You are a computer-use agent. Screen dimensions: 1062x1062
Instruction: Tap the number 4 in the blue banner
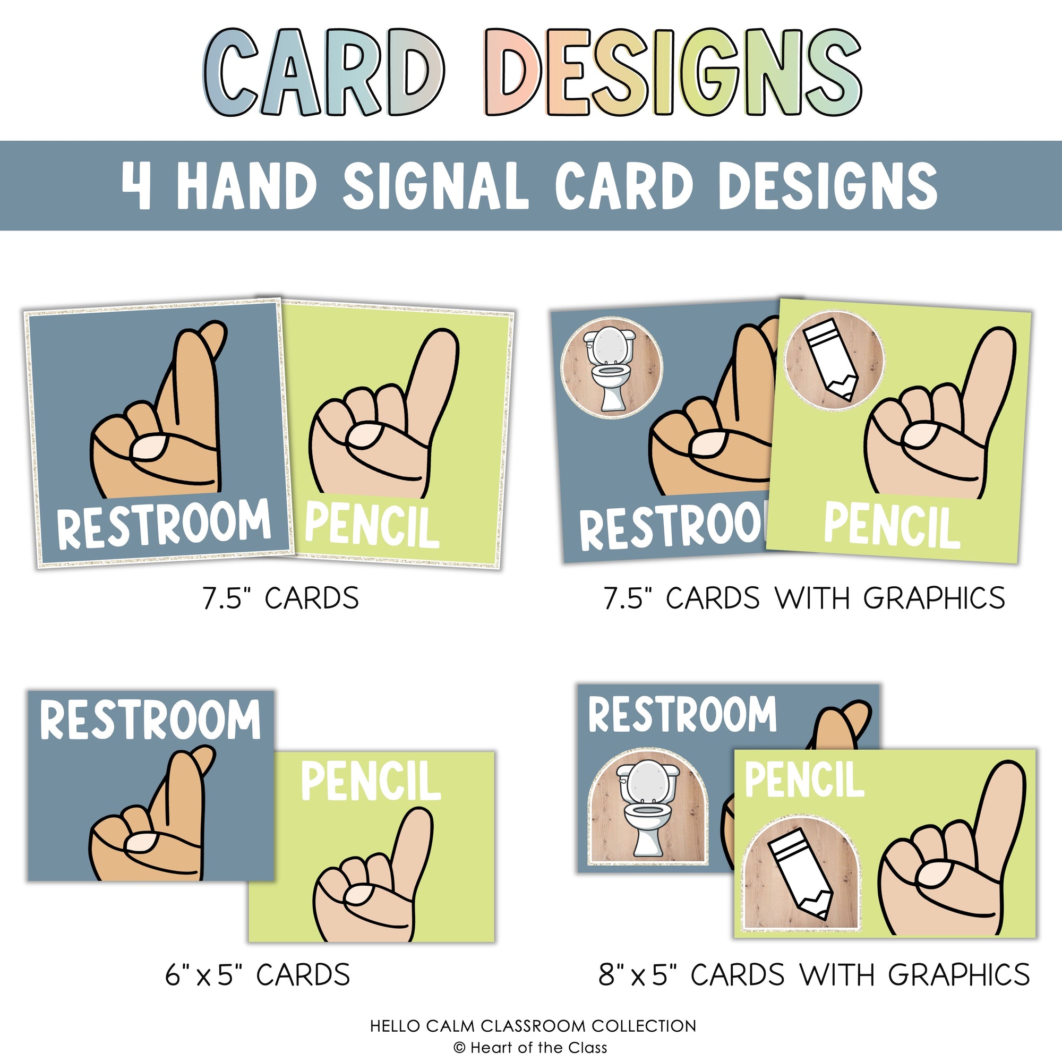pos(136,186)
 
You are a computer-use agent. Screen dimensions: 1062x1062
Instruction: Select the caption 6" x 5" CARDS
pos(257,975)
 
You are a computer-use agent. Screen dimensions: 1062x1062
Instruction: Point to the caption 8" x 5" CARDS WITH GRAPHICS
pos(814,975)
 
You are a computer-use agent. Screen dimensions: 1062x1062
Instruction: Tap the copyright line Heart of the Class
pos(531,1048)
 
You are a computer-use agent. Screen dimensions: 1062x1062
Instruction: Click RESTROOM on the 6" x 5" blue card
pos(150,720)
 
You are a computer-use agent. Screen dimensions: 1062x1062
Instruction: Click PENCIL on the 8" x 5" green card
pos(804,780)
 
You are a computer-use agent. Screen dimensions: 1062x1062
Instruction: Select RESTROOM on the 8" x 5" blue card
pos(682,715)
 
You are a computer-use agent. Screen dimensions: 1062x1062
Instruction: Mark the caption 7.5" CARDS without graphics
pos(280,598)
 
